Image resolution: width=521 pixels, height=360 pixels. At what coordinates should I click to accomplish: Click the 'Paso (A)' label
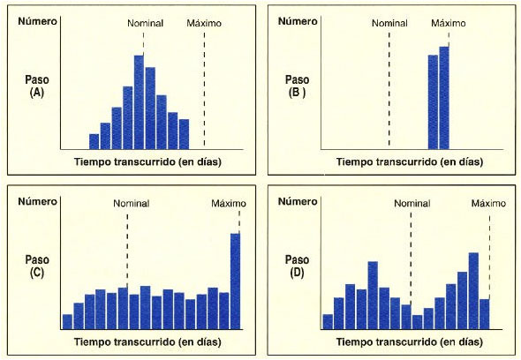[x=37, y=85]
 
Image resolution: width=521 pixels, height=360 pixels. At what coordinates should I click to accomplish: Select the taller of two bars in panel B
[x=444, y=97]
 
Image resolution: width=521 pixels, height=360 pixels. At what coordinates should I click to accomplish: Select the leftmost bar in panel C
[x=67, y=321]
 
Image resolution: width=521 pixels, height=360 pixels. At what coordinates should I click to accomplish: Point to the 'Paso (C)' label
[x=37, y=266]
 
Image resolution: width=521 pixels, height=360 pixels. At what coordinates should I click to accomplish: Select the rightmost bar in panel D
[x=484, y=313]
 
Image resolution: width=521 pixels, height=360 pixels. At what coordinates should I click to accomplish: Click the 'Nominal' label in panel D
[x=412, y=203]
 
